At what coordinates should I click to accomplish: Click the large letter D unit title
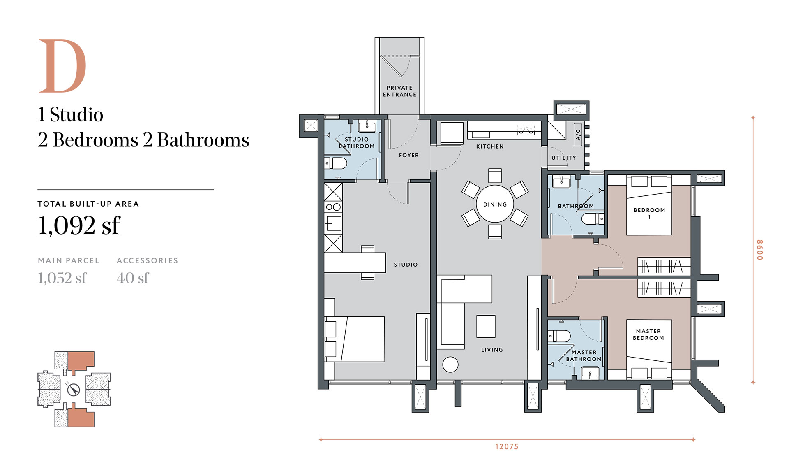coord(62,66)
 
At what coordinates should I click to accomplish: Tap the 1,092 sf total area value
coord(79,225)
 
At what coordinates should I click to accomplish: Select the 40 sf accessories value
coord(133,278)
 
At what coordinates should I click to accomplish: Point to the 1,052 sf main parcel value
coord(62,278)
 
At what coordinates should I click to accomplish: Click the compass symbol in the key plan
coord(74,389)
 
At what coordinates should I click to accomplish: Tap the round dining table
coord(495,204)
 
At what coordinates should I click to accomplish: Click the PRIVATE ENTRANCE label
coord(399,91)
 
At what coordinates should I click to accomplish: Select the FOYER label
coord(409,155)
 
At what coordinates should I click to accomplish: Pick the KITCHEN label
coord(490,146)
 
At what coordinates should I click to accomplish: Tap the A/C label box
coord(578,135)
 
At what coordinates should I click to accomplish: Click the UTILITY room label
coord(564,158)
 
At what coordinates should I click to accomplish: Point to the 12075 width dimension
coord(507,446)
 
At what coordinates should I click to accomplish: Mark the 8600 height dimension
coord(760,250)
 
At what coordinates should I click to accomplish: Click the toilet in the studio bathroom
coord(336,163)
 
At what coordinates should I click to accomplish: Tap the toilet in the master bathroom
coord(559,336)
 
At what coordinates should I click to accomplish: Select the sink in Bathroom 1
coord(561,181)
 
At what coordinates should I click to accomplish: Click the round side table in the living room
coord(450,365)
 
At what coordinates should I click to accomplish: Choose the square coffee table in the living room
coord(486,326)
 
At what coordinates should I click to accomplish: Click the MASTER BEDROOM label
coord(648,335)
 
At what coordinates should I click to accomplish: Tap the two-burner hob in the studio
coord(333,207)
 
